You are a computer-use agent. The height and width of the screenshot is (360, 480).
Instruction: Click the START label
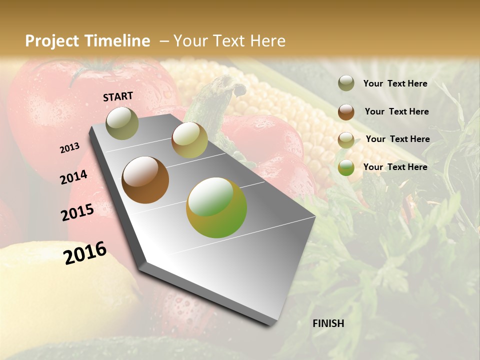[118, 96]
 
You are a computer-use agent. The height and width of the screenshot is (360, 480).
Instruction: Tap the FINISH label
[328, 323]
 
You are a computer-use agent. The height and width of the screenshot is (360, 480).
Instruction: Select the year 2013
[69, 148]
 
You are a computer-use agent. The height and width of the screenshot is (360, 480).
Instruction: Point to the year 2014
[73, 177]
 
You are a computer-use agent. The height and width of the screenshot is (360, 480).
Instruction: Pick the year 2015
[77, 212]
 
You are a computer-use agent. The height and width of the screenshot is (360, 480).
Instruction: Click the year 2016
[85, 253]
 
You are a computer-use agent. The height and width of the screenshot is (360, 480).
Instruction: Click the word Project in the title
[53, 41]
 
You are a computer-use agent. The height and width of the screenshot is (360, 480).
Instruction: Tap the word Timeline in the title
[117, 41]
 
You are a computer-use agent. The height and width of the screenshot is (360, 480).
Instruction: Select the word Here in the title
[267, 41]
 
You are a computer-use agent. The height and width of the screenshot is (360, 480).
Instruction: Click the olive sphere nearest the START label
[122, 123]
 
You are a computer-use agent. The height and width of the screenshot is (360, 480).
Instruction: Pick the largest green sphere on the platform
[216, 207]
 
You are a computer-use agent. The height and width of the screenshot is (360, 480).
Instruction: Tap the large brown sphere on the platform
[145, 180]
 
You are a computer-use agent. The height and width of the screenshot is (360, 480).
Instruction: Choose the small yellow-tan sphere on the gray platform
[189, 140]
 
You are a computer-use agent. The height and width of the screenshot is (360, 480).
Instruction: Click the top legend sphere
[346, 83]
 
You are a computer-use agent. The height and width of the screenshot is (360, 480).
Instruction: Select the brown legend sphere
[346, 112]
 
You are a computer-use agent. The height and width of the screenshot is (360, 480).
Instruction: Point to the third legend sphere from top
[346, 140]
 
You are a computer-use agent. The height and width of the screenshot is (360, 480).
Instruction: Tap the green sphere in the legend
[346, 167]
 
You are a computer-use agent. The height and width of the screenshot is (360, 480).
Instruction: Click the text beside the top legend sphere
[395, 83]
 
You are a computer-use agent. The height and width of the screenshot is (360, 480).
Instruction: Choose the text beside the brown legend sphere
[396, 111]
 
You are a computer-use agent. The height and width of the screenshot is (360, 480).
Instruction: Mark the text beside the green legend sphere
[395, 167]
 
